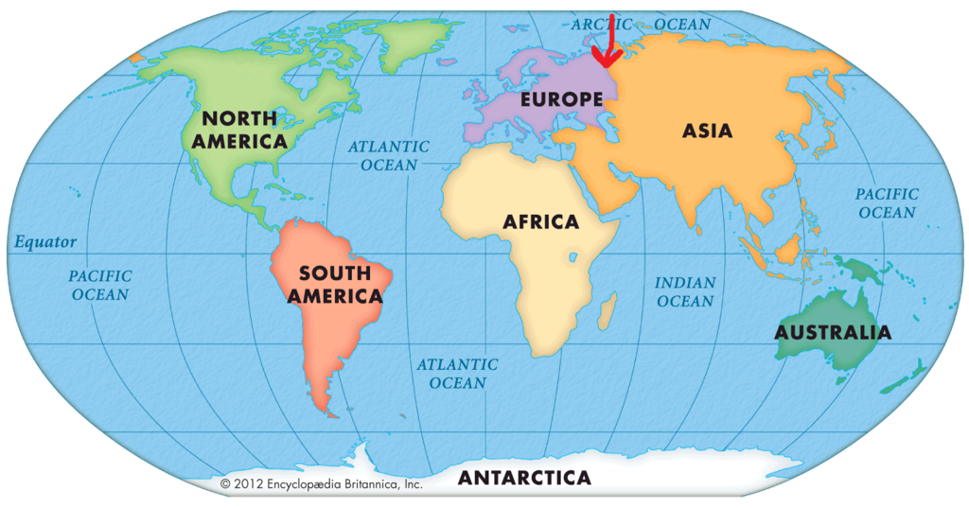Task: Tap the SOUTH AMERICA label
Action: (335, 285)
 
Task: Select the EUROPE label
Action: (561, 98)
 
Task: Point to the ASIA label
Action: (708, 131)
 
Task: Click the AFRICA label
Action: (540, 222)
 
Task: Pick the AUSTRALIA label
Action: (832, 333)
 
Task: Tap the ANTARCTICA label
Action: (524, 479)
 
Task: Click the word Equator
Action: (45, 242)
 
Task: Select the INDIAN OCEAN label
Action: (684, 292)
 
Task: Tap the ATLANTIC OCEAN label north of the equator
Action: (388, 156)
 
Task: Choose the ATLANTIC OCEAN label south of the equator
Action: (458, 374)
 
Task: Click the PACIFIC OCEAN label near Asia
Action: (887, 203)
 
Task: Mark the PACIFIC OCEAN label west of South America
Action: (99, 285)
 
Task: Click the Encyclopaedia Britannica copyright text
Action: (321, 483)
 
